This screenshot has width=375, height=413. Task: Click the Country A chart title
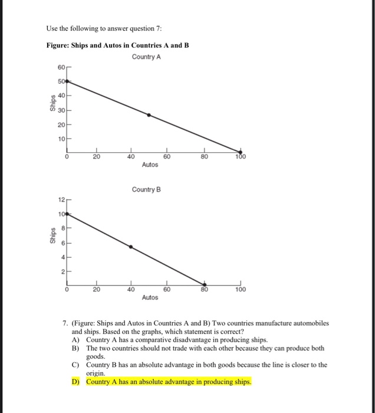pos(147,57)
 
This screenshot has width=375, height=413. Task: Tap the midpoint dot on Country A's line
pos(149,115)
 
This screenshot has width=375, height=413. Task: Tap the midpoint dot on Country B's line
pos(131,247)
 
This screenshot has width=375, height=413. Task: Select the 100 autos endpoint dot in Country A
pos(241,152)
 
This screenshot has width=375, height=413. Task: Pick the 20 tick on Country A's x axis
pos(96,157)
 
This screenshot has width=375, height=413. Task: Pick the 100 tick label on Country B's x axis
pos(241,290)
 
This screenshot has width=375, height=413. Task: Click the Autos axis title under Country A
pos(150,165)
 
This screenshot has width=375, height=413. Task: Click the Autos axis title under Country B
pos(150,297)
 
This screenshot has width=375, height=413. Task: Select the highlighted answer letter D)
pos(75,382)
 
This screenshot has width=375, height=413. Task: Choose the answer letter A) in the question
pos(75,340)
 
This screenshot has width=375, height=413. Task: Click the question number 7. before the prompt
pos(65,324)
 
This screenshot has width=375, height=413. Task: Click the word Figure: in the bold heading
pos(59,45)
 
